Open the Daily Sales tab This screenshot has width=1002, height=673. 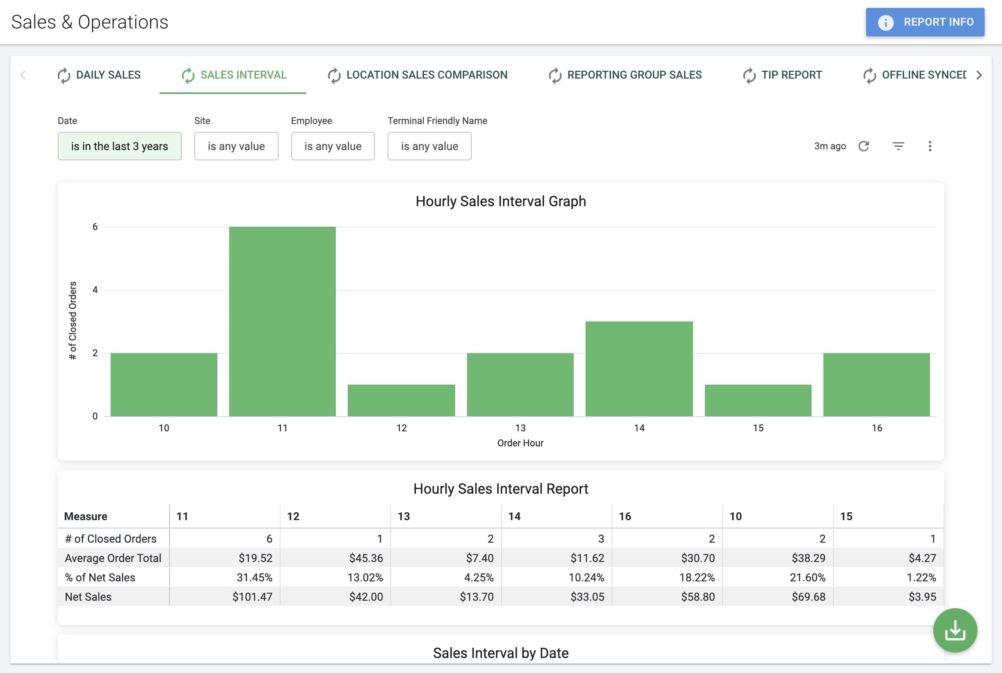(x=99, y=75)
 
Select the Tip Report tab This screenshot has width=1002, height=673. (x=782, y=75)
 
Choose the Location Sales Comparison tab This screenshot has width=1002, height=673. (x=417, y=75)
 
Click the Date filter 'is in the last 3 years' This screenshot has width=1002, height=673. (x=119, y=147)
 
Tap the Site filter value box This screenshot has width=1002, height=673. (x=236, y=147)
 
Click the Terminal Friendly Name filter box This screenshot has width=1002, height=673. (x=429, y=147)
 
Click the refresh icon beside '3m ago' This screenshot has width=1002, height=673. (x=864, y=147)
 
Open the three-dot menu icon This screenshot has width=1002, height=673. (x=930, y=147)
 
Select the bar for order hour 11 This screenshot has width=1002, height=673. (x=283, y=321)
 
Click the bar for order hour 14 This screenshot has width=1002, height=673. (x=639, y=369)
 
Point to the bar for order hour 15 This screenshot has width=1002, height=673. (x=758, y=400)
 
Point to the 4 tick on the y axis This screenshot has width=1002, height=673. (x=95, y=290)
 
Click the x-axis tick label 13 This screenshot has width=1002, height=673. (x=520, y=428)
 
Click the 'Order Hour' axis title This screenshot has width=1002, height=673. (x=520, y=443)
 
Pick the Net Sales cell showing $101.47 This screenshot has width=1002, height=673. (x=252, y=597)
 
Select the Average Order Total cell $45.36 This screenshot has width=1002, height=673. (x=366, y=558)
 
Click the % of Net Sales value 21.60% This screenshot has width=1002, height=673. (x=808, y=577)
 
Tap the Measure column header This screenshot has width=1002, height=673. (x=86, y=516)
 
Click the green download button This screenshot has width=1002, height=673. (x=955, y=630)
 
